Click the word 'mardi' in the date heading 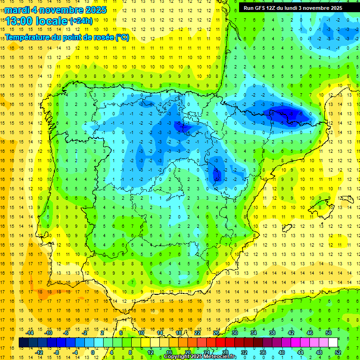(17, 9)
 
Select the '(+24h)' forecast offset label (81, 21)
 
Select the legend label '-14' (30, 333)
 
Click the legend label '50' (329, 333)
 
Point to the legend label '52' (338, 352)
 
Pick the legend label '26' (216, 333)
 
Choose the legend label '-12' (39, 352)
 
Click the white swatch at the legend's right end (333, 343)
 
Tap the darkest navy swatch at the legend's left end (23, 343)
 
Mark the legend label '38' (272, 333)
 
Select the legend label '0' (93, 352)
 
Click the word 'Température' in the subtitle (26, 37)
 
